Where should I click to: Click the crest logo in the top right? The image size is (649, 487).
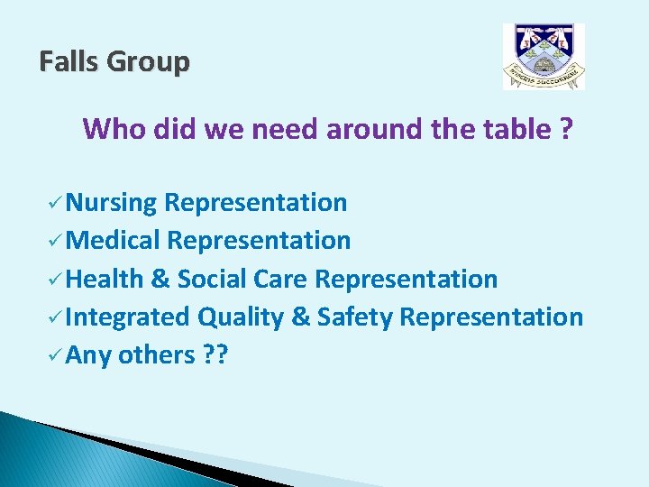(544, 57)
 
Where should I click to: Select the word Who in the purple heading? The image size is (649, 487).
(114, 129)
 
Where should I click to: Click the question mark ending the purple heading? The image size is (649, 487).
(565, 129)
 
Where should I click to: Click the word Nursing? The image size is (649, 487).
(112, 203)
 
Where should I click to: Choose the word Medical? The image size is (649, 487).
(114, 241)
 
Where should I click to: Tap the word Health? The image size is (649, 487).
(105, 279)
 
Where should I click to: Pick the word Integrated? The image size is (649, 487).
(127, 317)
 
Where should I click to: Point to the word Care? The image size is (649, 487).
(280, 279)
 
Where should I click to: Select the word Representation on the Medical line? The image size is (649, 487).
(259, 241)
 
